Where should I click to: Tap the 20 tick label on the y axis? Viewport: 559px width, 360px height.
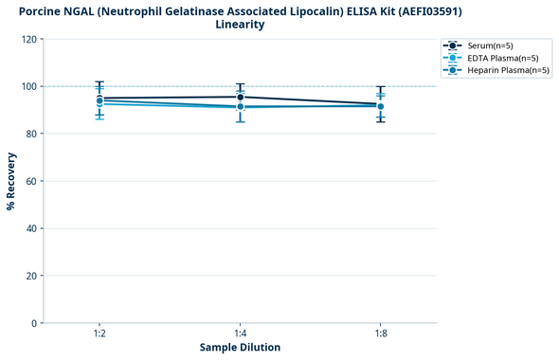pyautogui.click(x=30, y=276)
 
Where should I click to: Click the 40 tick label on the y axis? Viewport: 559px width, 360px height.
pyautogui.click(x=30, y=228)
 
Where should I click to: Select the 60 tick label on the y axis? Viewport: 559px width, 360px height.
pyautogui.click(x=30, y=181)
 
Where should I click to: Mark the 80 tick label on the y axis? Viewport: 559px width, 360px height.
pyautogui.click(x=30, y=134)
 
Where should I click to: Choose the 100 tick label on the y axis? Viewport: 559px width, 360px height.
pyautogui.click(x=28, y=86)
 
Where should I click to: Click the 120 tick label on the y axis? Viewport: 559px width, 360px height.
pyautogui.click(x=28, y=39)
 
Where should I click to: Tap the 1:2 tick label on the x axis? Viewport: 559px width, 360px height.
pyautogui.click(x=99, y=334)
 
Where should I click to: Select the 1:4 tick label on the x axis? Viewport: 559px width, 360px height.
pyautogui.click(x=240, y=334)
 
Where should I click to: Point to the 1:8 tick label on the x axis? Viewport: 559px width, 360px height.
pyautogui.click(x=380, y=334)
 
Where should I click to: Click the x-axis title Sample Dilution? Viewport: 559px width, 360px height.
pyautogui.click(x=240, y=348)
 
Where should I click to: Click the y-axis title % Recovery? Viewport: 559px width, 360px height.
pyautogui.click(x=11, y=181)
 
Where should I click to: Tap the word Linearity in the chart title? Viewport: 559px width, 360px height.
pyautogui.click(x=240, y=25)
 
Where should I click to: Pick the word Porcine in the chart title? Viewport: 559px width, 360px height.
pyautogui.click(x=44, y=10)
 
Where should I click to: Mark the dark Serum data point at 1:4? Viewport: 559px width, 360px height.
pyautogui.click(x=240, y=97)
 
